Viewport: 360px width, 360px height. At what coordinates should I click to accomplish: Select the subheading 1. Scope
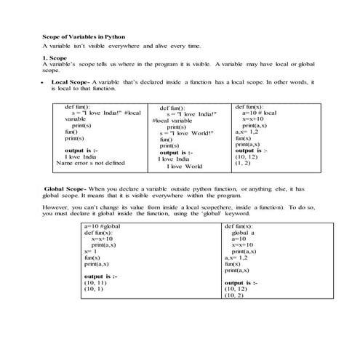55,57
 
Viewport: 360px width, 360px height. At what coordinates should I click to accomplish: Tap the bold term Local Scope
71,82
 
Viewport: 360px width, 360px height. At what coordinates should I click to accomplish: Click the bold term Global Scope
65,188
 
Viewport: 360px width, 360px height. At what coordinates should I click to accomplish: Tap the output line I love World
184,167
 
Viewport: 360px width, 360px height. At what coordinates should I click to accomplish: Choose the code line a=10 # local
258,113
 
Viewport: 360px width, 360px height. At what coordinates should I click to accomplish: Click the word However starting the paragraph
57,208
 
